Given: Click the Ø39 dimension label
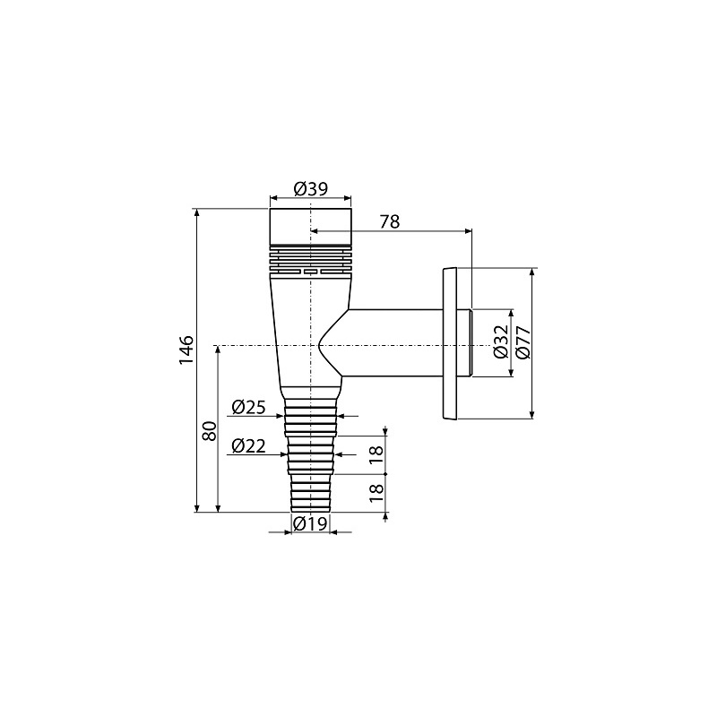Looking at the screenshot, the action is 310,188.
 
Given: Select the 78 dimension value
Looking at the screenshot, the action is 389,221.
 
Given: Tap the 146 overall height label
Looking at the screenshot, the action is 186,350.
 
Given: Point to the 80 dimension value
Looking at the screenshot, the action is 210,431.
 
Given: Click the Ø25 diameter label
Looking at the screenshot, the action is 248,407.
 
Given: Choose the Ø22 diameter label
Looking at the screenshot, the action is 248,445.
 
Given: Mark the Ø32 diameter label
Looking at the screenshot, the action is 501,341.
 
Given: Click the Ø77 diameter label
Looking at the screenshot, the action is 523,342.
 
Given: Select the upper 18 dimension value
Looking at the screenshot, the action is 376,455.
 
